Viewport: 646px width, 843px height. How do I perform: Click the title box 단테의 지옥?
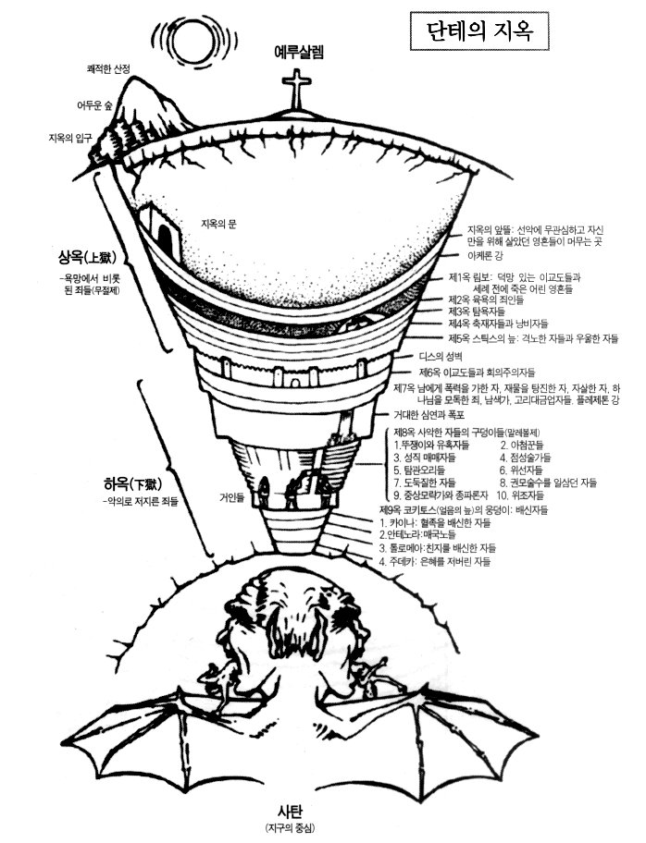point(478,31)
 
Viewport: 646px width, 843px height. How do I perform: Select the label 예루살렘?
point(299,51)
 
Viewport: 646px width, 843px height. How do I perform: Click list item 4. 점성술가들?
point(524,457)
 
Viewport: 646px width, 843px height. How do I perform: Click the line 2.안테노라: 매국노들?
point(435,534)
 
